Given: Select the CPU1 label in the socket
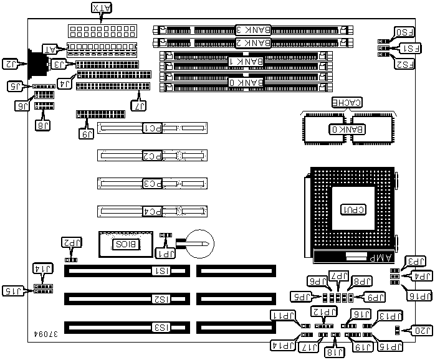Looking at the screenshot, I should [352, 210].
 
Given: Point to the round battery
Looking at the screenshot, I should [201, 241].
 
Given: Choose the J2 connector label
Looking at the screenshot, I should [12, 64].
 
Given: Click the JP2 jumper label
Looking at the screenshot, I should [70, 244].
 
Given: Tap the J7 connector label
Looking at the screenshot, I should [140, 107].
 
